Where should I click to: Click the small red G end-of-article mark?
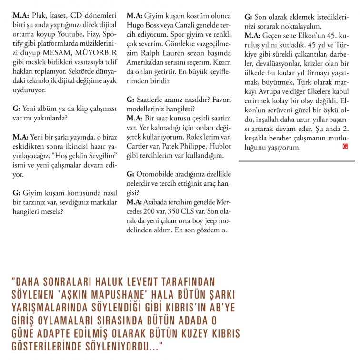[x=345, y=147]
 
